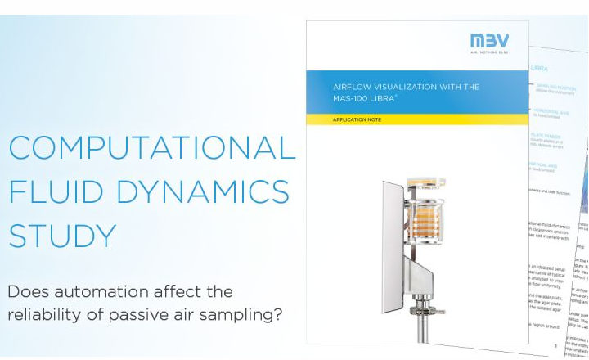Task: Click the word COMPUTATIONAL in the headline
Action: click(151, 148)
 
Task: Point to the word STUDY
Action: click(62, 236)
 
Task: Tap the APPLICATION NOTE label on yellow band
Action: click(357, 119)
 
